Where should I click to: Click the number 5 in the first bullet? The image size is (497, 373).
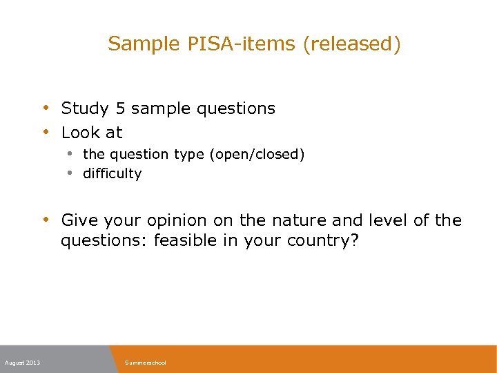(x=120, y=108)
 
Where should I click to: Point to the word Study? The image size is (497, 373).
(x=86, y=108)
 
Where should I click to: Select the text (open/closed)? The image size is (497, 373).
(x=259, y=154)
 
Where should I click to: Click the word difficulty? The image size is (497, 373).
(x=112, y=173)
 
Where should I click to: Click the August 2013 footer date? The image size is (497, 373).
(x=22, y=363)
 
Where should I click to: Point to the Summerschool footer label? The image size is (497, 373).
(x=146, y=363)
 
